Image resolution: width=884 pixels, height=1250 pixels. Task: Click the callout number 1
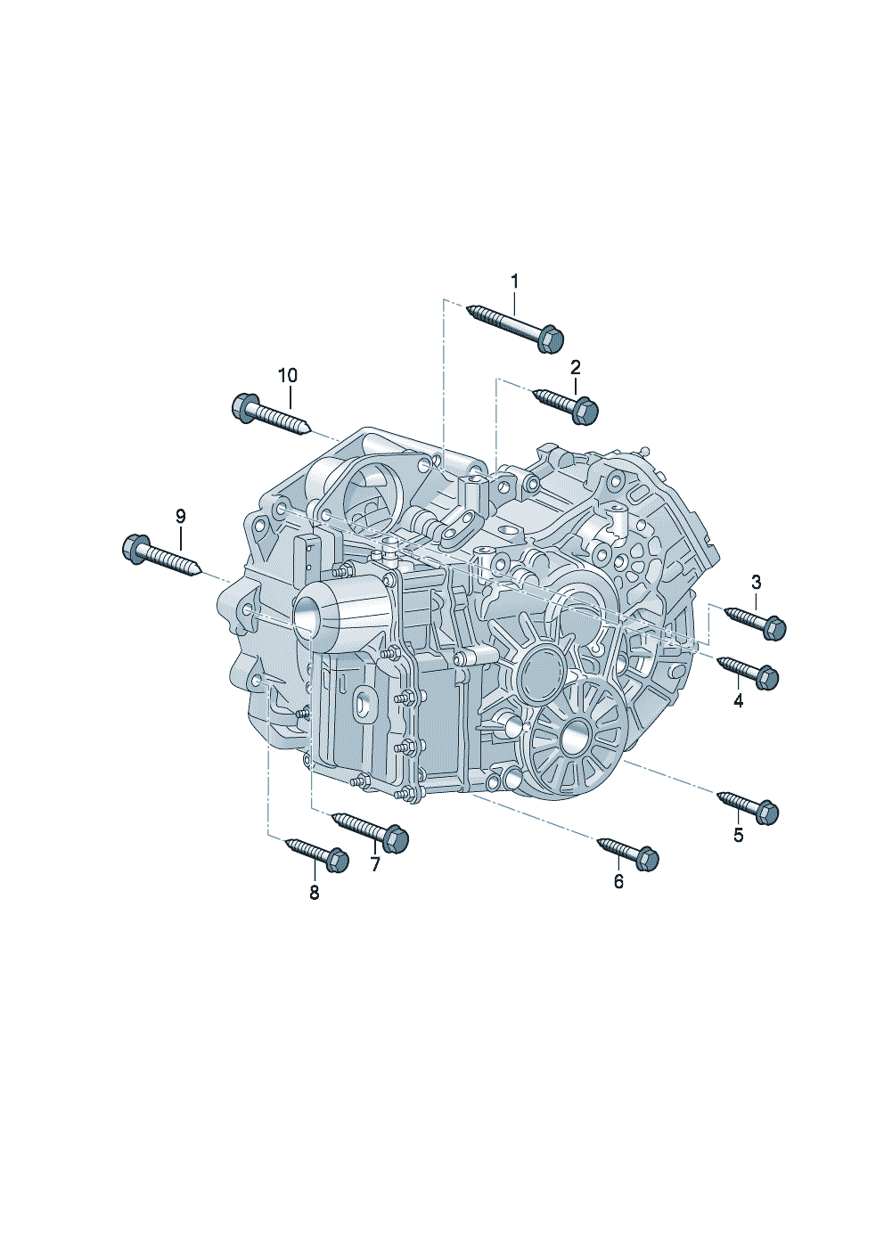click(514, 282)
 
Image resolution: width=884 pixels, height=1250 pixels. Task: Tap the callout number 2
click(576, 367)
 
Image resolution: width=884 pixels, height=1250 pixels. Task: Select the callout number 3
click(757, 583)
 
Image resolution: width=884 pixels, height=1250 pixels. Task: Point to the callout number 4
click(739, 700)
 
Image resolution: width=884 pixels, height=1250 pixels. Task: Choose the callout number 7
click(375, 864)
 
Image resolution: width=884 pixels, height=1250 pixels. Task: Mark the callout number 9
click(180, 516)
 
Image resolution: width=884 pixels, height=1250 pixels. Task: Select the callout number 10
click(288, 376)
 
